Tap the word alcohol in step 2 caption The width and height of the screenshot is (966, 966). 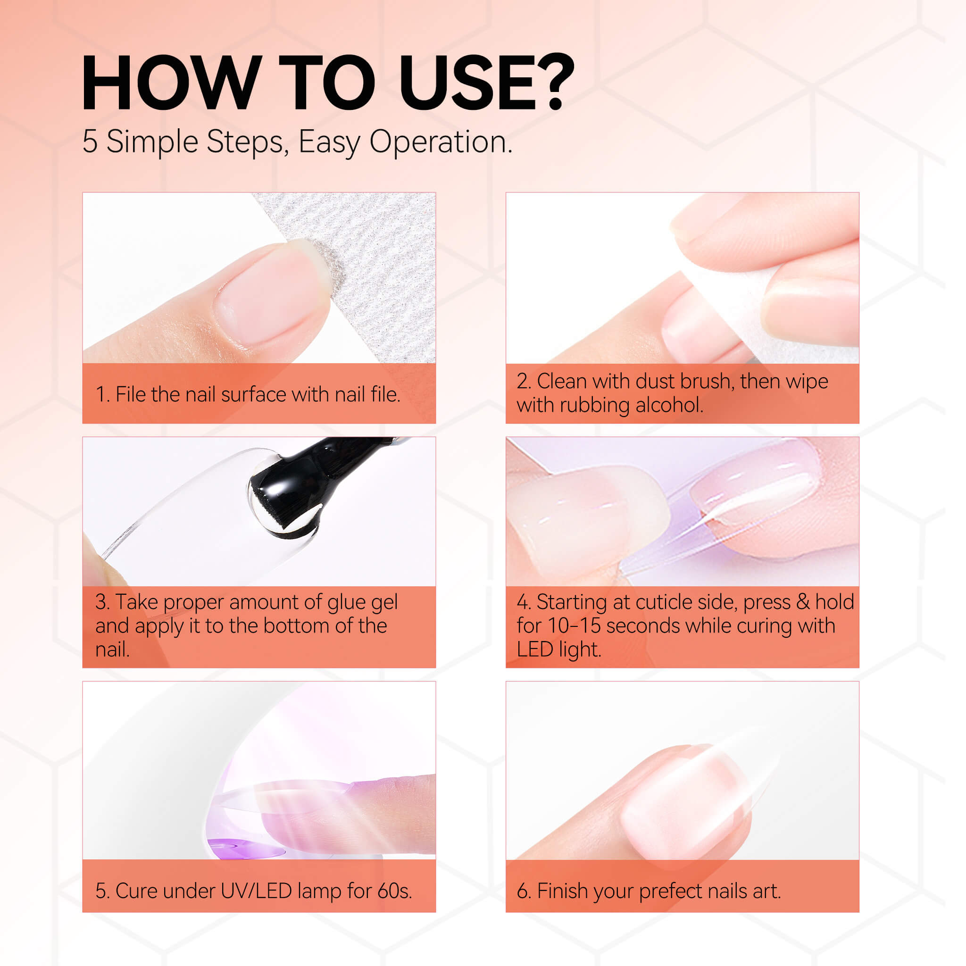(x=669, y=405)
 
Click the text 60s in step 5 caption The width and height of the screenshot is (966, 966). (x=394, y=891)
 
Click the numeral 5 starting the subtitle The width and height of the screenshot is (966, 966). (x=90, y=142)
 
